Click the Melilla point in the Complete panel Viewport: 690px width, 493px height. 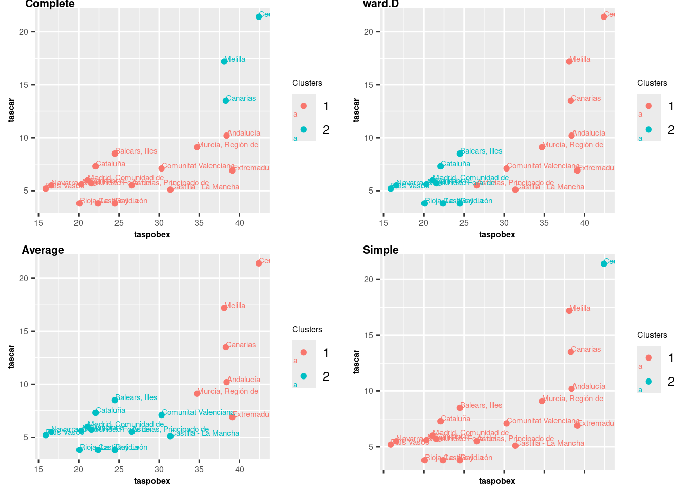[x=224, y=61]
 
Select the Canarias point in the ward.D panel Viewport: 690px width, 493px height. [x=571, y=101]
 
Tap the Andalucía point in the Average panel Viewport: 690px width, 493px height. [x=227, y=382]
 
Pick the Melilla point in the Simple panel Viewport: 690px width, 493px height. [x=569, y=311]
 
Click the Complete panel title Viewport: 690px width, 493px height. [x=50, y=4]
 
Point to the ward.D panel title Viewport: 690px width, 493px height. [x=381, y=4]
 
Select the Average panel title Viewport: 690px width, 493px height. [x=43, y=250]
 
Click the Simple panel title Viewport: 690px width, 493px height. [x=381, y=250]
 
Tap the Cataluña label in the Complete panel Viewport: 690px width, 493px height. [x=110, y=164]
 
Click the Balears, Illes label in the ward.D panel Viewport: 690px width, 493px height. [x=481, y=151]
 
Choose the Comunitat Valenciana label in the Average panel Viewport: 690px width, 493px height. [x=198, y=412]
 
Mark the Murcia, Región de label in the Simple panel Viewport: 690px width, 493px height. [x=573, y=399]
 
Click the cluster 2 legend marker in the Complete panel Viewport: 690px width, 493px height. [x=304, y=130]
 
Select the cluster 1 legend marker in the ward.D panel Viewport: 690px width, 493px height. [x=649, y=106]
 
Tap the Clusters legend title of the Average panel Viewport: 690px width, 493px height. [x=307, y=330]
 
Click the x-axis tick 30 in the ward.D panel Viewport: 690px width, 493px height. [x=504, y=223]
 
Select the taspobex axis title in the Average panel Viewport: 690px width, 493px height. [x=152, y=481]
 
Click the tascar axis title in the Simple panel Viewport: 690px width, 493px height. [x=356, y=362]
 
